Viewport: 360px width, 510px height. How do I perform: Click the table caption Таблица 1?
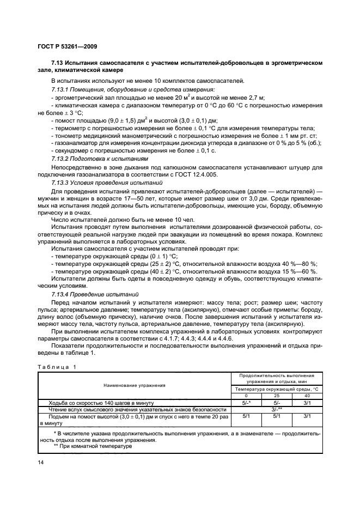[57, 366]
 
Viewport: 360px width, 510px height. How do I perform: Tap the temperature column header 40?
[307, 396]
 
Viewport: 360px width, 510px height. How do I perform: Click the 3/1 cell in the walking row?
[307, 403]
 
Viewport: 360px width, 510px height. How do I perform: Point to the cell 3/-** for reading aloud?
[276, 409]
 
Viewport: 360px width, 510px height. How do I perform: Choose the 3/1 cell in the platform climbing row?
[307, 416]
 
